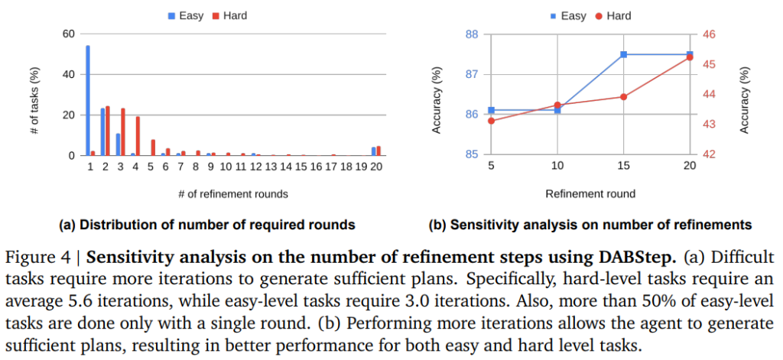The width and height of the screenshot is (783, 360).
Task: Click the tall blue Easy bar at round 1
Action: pos(88,100)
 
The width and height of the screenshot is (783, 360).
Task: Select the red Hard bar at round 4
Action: pos(138,136)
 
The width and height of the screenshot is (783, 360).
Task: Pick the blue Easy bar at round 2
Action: pos(103,131)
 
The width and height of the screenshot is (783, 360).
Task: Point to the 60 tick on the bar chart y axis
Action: pos(69,34)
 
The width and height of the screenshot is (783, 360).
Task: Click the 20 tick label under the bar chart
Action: pos(376,166)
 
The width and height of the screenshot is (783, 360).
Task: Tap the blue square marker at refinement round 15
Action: pos(623,55)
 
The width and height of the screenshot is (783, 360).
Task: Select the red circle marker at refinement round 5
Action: pos(491,121)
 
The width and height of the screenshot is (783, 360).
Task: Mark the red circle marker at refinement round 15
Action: pos(623,96)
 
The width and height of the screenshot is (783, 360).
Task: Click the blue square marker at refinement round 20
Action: pos(689,55)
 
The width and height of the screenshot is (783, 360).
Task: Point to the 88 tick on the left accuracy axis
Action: pos(471,34)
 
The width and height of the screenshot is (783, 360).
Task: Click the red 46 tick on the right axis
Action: pos(709,34)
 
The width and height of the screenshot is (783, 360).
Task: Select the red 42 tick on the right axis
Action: pos(709,154)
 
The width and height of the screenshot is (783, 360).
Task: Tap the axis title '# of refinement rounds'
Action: pos(232,193)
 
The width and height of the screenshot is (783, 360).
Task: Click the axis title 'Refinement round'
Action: pos(590,193)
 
